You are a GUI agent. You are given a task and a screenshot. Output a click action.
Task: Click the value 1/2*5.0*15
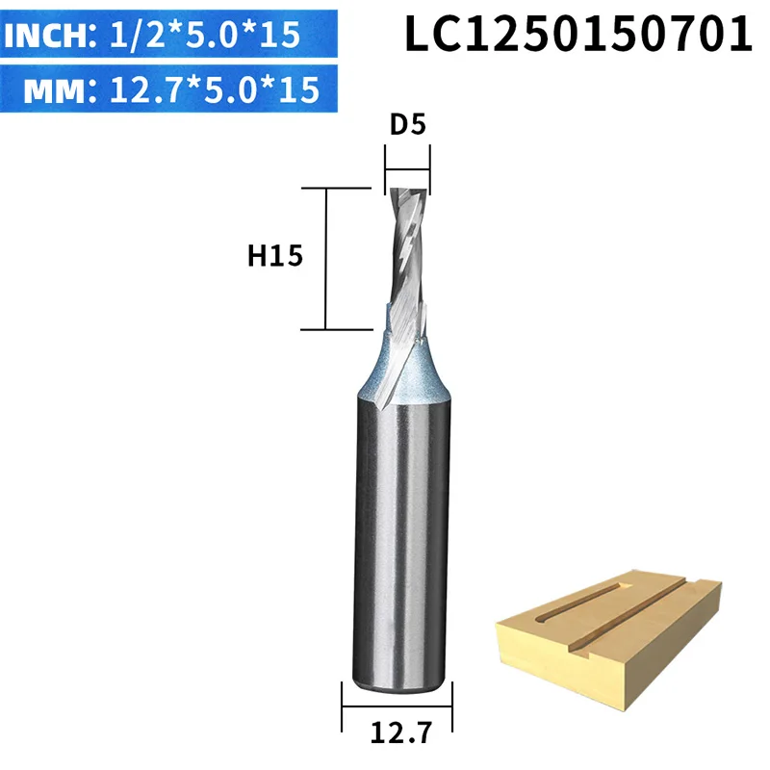(205, 35)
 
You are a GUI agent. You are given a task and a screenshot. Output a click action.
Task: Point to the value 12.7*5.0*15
(215, 90)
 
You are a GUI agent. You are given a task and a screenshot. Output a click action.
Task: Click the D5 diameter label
(407, 124)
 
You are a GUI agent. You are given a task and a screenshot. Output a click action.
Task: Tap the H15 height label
(275, 256)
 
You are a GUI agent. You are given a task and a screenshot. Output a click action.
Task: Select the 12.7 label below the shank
(401, 732)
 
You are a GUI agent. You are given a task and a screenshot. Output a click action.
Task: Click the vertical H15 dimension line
(325, 259)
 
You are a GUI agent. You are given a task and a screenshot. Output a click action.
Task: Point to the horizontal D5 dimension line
(407, 170)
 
